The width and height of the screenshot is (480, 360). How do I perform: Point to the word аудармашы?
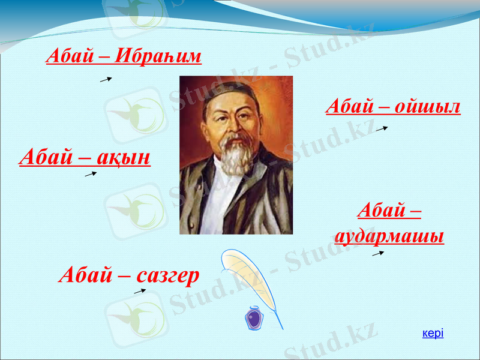[389, 236]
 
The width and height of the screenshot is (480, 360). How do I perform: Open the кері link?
[433, 333]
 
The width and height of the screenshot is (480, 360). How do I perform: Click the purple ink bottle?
[254, 317]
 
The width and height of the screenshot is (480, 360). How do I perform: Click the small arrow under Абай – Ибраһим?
[106, 79]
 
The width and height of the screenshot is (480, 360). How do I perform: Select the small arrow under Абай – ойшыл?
[382, 128]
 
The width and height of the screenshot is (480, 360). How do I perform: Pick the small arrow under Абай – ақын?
[91, 174]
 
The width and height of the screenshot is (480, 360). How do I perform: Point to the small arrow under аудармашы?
[378, 254]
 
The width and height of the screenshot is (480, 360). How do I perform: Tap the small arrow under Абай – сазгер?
[139, 291]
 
